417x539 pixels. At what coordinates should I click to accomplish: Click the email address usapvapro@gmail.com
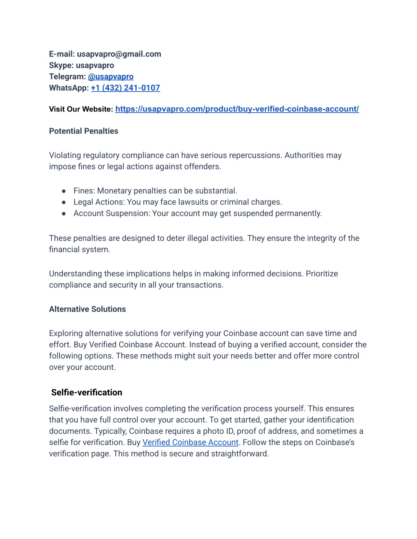(x=119, y=54)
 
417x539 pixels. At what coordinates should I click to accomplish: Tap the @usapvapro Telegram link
(x=111, y=76)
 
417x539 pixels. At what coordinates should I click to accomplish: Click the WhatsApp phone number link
(x=125, y=88)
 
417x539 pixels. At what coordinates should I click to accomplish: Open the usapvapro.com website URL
(x=237, y=109)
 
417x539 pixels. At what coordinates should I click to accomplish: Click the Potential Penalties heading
(x=83, y=131)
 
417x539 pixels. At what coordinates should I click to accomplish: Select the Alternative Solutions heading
(x=87, y=309)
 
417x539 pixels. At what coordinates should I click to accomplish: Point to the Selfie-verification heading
(x=87, y=393)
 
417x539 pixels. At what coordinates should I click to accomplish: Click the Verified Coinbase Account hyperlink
(x=190, y=442)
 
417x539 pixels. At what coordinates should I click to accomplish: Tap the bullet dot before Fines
(x=64, y=191)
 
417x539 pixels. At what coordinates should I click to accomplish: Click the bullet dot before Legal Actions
(x=64, y=202)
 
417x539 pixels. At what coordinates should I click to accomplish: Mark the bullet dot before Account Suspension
(x=64, y=214)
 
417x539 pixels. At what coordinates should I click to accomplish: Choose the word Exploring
(x=66, y=334)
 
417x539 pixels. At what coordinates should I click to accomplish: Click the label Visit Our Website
(x=81, y=109)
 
